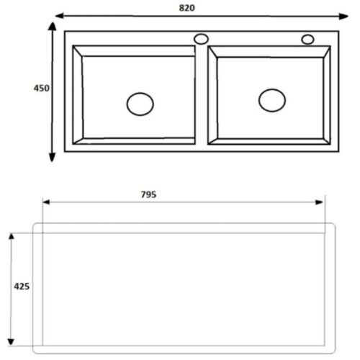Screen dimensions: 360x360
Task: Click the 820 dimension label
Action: (186, 8)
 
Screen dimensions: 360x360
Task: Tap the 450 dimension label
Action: (41, 89)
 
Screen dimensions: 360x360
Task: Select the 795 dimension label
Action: (148, 194)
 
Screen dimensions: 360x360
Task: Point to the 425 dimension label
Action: (22, 287)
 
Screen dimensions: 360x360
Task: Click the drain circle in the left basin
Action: (140, 104)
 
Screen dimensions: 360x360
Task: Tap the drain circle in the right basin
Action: (272, 100)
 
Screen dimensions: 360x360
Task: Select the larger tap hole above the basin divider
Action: (201, 39)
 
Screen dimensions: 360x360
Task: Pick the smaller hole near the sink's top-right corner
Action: (307, 40)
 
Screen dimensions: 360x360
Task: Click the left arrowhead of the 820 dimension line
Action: (60, 16)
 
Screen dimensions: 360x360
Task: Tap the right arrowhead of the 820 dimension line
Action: (343, 17)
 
